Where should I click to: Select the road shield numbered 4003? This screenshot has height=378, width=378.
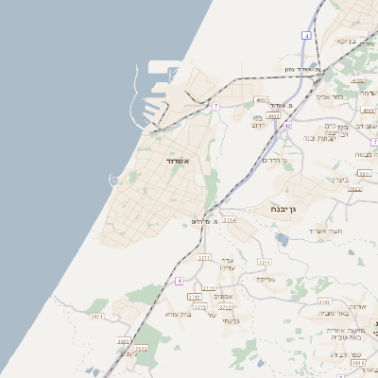(x=261, y=99)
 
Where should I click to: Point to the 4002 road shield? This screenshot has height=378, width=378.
(x=273, y=115)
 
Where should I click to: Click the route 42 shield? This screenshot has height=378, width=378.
(x=286, y=125)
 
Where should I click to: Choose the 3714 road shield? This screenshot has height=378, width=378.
(x=230, y=219)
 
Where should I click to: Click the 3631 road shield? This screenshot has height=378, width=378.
(x=96, y=317)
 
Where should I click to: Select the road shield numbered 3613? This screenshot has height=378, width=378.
(x=357, y=361)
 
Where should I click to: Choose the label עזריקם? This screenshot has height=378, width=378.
(x=265, y=280)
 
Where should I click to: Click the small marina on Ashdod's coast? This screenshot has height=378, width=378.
(x=115, y=180)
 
